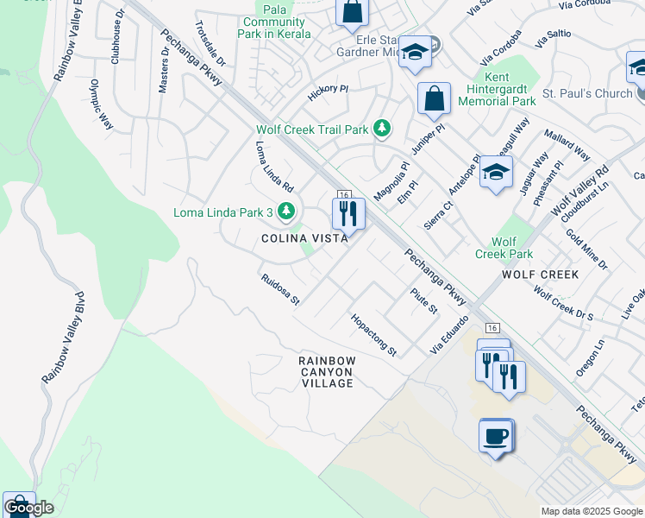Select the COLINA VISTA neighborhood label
point(305,237)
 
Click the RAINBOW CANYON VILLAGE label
point(327,371)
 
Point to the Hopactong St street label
point(373,335)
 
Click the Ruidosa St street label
point(280,290)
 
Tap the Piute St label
point(424,301)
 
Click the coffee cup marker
point(496,435)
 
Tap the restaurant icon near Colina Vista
point(348,213)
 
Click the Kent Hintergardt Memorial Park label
point(501,89)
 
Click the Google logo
point(28,508)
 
